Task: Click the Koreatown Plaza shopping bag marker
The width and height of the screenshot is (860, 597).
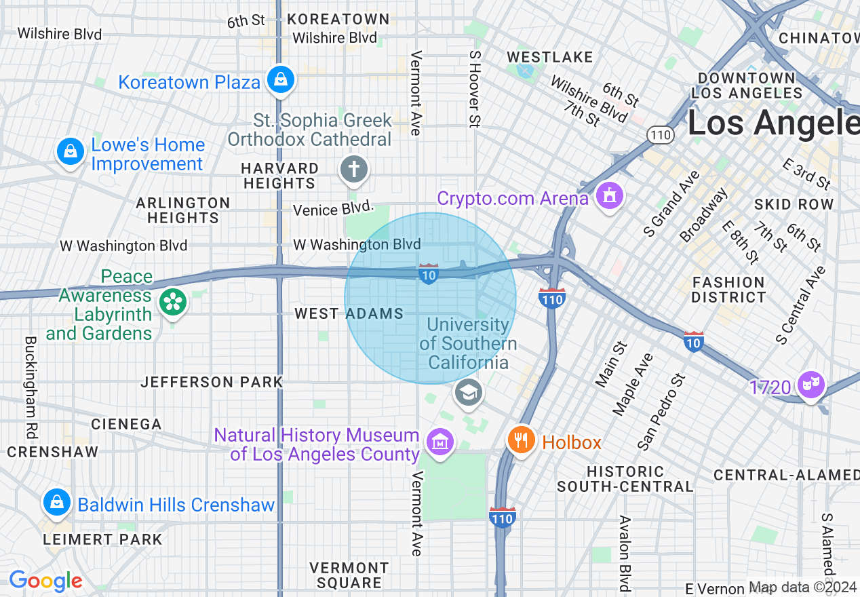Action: click(279, 80)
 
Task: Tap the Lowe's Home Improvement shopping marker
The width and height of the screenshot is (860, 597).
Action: click(70, 151)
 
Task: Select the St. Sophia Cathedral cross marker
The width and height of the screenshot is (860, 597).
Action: click(353, 169)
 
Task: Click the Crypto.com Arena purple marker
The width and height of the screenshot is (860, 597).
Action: click(609, 197)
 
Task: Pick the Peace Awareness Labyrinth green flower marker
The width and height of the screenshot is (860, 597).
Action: click(173, 302)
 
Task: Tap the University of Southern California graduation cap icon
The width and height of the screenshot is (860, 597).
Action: click(468, 393)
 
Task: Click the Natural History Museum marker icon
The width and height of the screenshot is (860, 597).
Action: click(440, 442)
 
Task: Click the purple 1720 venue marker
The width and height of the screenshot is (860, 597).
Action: click(811, 385)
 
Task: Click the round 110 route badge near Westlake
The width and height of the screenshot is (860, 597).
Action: click(659, 135)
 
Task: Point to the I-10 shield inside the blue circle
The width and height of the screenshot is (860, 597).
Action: click(429, 273)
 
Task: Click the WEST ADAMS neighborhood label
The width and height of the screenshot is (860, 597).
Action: click(349, 313)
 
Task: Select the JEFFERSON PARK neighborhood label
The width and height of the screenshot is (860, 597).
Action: click(212, 382)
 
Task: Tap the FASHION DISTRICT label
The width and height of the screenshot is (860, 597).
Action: click(728, 290)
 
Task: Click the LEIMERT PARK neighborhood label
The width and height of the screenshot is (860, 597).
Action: click(102, 540)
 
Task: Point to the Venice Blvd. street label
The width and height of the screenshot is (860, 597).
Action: click(334, 208)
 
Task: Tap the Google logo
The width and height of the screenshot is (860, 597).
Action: click(45, 581)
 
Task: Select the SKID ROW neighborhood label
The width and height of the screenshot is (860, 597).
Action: click(794, 204)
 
